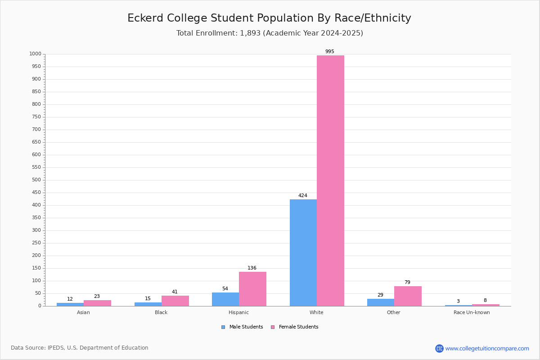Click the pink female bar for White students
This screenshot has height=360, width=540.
click(x=330, y=180)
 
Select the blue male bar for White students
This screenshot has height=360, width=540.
click(x=303, y=252)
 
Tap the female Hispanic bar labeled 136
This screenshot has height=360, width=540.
click(x=252, y=289)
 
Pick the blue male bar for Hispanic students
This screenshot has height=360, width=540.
click(x=225, y=299)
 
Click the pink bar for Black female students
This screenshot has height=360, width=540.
click(x=175, y=301)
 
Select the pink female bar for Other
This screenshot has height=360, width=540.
click(x=408, y=296)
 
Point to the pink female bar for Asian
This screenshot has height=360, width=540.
click(x=97, y=303)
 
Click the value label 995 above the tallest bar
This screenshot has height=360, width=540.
click(x=330, y=52)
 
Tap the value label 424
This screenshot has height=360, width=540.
click(x=303, y=196)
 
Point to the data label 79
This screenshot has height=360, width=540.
click(x=407, y=283)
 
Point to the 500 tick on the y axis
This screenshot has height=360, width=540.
click(x=36, y=180)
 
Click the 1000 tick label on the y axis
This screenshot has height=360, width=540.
click(x=35, y=54)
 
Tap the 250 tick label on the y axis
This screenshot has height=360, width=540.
click(x=36, y=243)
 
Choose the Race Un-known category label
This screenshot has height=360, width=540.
click(x=472, y=313)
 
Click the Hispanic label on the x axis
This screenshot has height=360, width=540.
click(x=238, y=313)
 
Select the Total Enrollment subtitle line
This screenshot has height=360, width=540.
click(x=270, y=33)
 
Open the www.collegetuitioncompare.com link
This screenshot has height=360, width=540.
click(x=487, y=348)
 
